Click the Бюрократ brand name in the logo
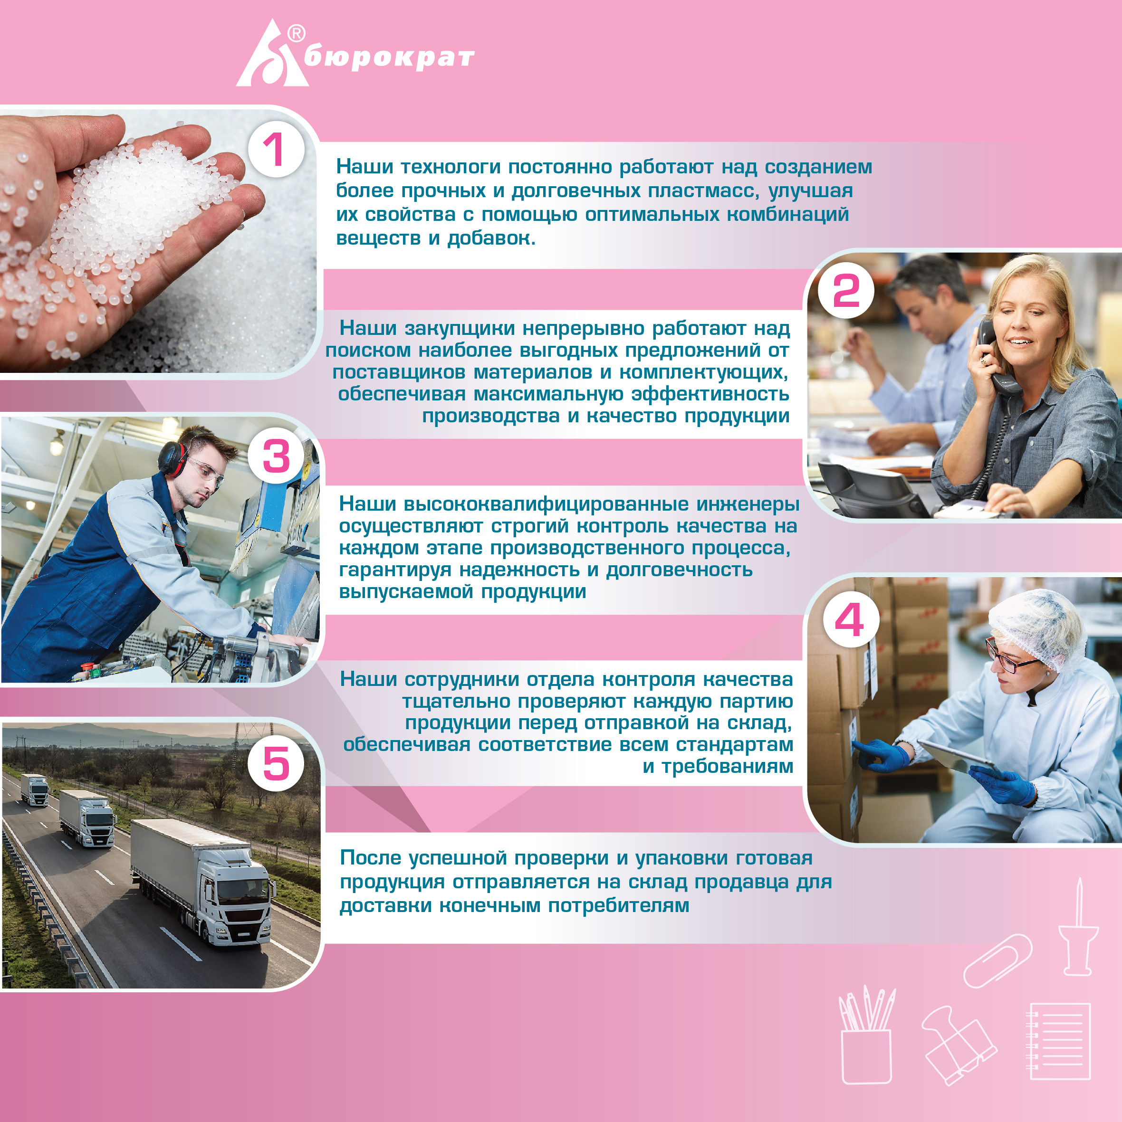(x=389, y=58)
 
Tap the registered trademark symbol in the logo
(x=297, y=34)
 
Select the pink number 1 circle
(x=277, y=150)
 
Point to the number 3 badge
(x=277, y=456)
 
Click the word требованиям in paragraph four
(x=727, y=767)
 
